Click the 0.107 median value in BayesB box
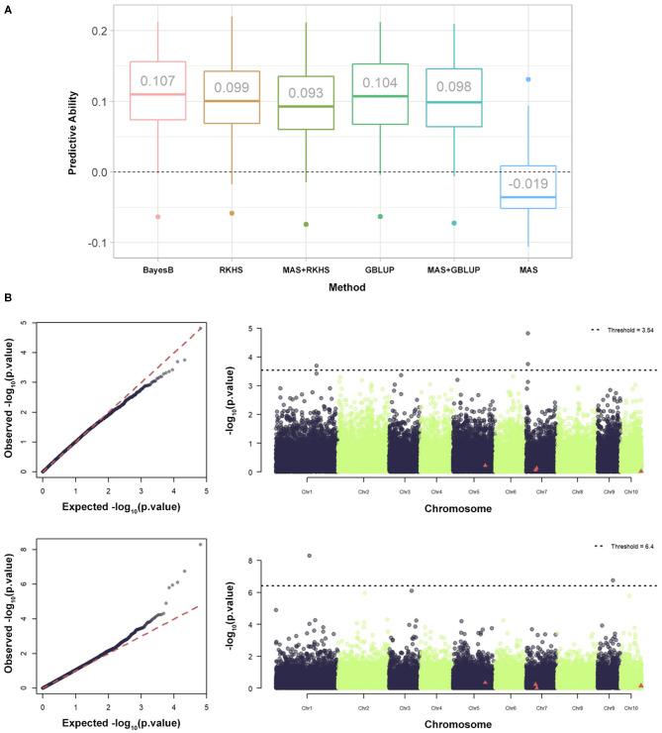(x=157, y=81)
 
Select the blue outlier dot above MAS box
(x=528, y=79)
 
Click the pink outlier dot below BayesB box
(x=157, y=217)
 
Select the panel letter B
(x=9, y=297)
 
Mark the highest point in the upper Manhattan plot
(x=527, y=334)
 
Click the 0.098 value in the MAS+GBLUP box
(x=454, y=86)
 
